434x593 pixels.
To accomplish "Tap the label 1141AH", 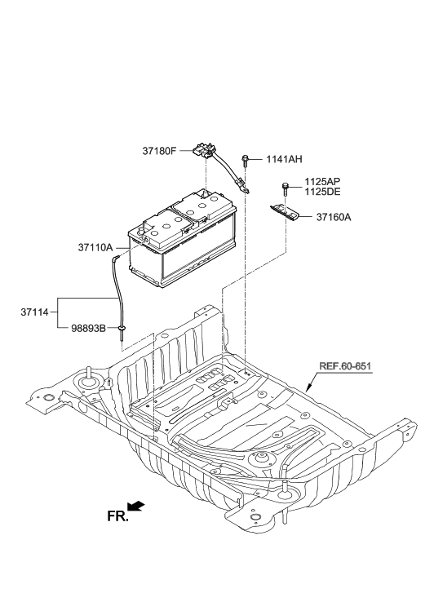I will (x=283, y=160).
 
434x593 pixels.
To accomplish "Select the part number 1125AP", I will (x=322, y=182).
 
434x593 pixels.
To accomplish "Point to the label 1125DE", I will (x=322, y=192).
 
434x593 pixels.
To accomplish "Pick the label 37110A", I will (x=95, y=246).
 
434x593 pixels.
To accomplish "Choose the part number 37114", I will (x=36, y=310).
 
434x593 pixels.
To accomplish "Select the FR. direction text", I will (x=118, y=516).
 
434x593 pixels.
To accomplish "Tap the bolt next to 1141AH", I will (x=245, y=162).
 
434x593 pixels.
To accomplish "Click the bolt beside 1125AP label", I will (x=286, y=188).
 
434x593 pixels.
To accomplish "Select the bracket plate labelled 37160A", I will (x=285, y=213).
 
